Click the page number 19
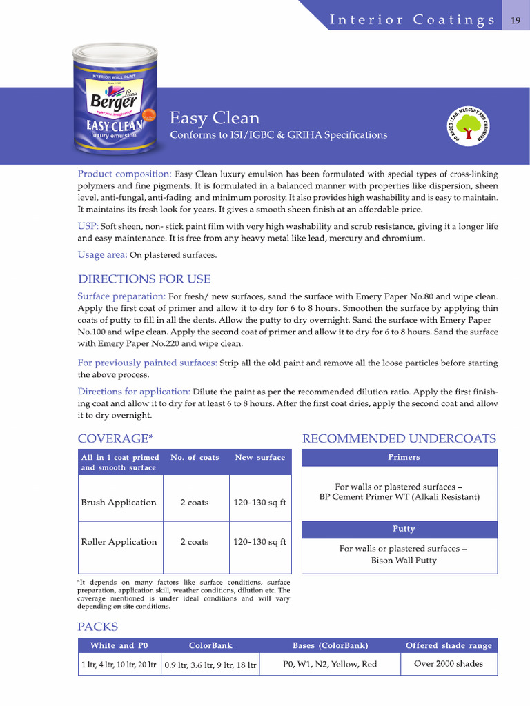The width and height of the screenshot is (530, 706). (x=516, y=20)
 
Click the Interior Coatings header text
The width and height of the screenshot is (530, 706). (x=412, y=20)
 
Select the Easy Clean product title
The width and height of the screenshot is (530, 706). (x=215, y=118)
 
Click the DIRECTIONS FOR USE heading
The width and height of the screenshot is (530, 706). (x=144, y=279)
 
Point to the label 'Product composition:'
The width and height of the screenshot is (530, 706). (x=124, y=174)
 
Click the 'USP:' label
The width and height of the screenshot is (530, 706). (x=88, y=226)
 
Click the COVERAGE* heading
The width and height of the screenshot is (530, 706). (x=115, y=438)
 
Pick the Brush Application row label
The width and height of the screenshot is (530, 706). (x=119, y=503)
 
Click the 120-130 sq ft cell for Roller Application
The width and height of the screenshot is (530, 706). (x=259, y=542)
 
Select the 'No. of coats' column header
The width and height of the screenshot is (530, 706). (x=195, y=457)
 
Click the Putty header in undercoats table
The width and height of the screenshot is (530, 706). (x=404, y=529)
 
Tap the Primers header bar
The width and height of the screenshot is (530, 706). (x=404, y=457)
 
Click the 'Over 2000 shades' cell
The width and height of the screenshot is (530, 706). (x=449, y=664)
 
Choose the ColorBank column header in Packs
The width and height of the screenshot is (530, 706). (x=210, y=645)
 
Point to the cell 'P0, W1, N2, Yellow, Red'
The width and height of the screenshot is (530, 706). (x=330, y=664)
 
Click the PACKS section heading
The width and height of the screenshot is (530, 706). (x=97, y=627)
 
